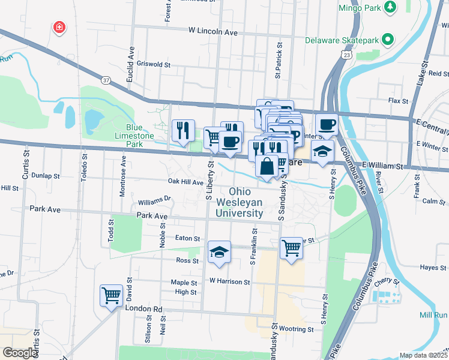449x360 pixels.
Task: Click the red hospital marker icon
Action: pyautogui.click(x=59, y=27)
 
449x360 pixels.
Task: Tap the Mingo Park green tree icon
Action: pyautogui.click(x=391, y=7)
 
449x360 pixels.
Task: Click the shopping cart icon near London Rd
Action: pyautogui.click(x=111, y=295)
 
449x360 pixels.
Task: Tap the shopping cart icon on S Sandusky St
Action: pyautogui.click(x=291, y=247)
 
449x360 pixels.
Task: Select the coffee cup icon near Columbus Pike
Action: pyautogui.click(x=326, y=124)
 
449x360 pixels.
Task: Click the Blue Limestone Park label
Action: pyautogui.click(x=134, y=136)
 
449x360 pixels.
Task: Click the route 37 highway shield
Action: pyautogui.click(x=106, y=80)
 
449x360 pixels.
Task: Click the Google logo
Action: pyautogui.click(x=20, y=352)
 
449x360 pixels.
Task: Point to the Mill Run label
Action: pyautogui.click(x=433, y=315)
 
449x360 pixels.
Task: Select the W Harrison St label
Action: pyautogui.click(x=230, y=281)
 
